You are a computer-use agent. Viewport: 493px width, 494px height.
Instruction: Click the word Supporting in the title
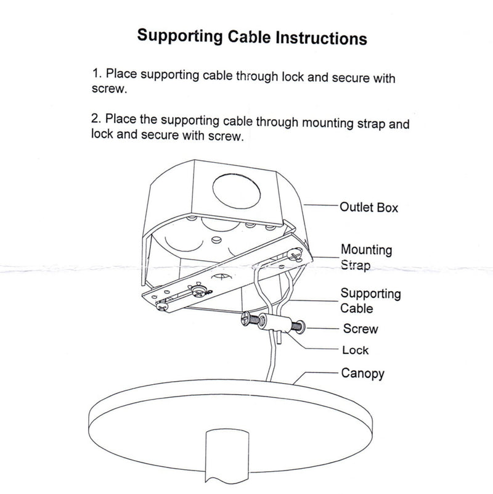(179, 37)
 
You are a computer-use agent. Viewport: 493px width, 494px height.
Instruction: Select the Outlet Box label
(369, 207)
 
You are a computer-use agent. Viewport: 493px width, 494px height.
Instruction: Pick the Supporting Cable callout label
(370, 300)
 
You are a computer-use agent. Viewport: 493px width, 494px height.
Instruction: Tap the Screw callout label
(361, 329)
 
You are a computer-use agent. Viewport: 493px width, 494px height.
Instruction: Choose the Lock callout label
(355, 350)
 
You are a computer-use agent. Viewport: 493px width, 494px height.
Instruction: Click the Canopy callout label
(363, 373)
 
